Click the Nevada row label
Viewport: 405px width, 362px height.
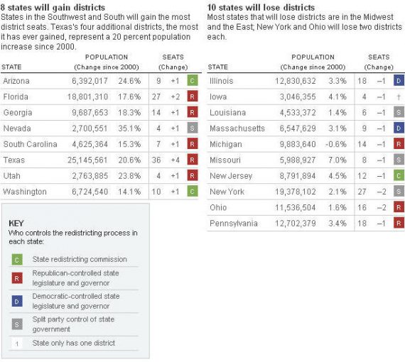18,128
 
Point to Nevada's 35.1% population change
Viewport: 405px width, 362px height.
130,128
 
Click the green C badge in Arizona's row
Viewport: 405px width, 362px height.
192,81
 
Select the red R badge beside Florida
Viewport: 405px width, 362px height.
192,97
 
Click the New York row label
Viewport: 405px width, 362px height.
227,192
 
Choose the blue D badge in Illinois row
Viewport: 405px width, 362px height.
399,82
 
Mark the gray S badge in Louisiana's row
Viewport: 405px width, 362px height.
399,113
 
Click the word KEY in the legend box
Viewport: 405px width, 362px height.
16,222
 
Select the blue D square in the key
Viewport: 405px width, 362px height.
18,301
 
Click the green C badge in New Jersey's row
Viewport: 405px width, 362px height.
399,175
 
